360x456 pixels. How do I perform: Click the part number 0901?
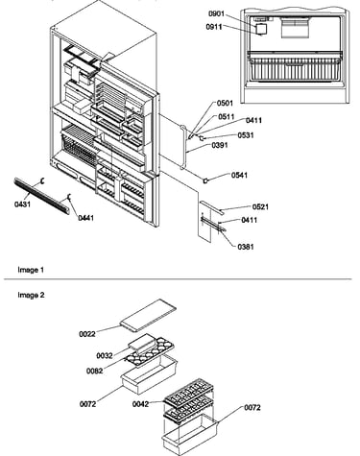(x=217, y=13)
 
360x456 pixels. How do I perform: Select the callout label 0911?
(x=214, y=27)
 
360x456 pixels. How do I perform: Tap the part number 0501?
(x=225, y=103)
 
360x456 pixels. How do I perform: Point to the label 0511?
(x=227, y=117)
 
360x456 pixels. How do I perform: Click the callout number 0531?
(x=246, y=135)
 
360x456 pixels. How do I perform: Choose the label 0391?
(x=220, y=145)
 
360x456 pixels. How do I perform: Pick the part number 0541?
(x=239, y=176)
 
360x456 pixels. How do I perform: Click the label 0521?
(x=260, y=207)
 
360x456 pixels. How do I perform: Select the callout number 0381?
(x=246, y=247)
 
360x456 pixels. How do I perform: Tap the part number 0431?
(x=23, y=204)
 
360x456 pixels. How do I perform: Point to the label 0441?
(x=86, y=218)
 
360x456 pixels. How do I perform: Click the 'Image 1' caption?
(x=31, y=270)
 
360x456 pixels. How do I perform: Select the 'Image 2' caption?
(x=31, y=295)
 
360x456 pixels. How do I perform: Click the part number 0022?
(x=87, y=334)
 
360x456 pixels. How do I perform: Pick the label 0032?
(x=105, y=356)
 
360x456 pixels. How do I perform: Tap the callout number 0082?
(x=95, y=372)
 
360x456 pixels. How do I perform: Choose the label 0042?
(x=141, y=404)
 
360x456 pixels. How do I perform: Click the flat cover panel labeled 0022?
(x=148, y=315)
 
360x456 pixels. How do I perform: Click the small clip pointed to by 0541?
(x=205, y=181)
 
